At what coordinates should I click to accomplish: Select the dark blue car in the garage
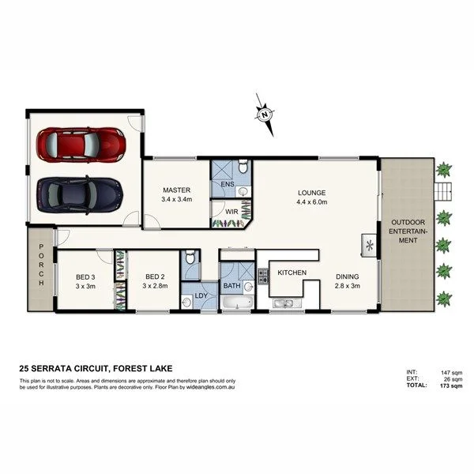pyautogui.click(x=79, y=192)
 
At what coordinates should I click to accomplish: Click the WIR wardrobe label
pyautogui.click(x=232, y=212)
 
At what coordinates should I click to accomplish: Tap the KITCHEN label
pyautogui.click(x=292, y=273)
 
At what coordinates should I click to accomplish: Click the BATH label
pyautogui.click(x=231, y=285)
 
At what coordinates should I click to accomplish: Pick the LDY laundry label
pyautogui.click(x=200, y=299)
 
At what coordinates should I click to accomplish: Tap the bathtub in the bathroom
pyautogui.click(x=235, y=303)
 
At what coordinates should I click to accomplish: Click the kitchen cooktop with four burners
pyautogui.click(x=262, y=276)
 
